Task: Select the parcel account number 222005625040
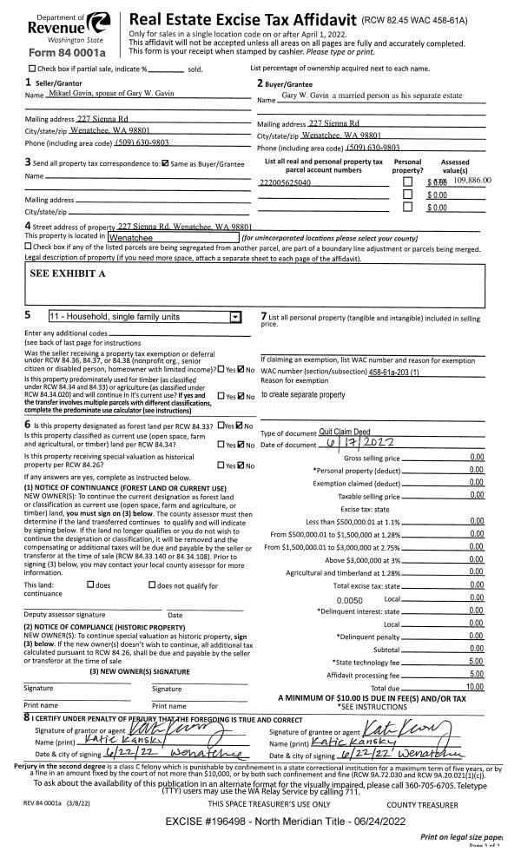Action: click(285, 182)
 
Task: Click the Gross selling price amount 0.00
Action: click(475, 457)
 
